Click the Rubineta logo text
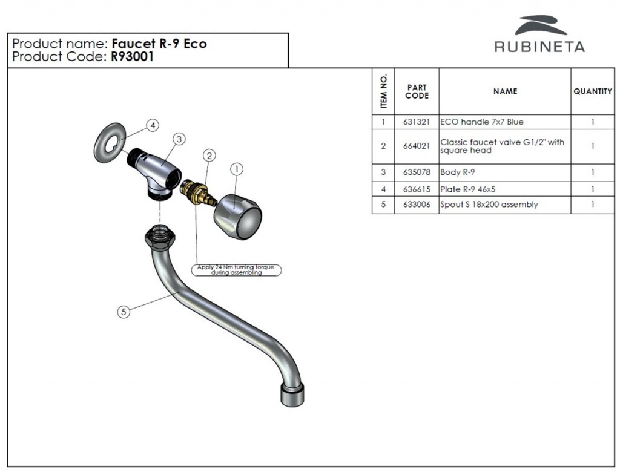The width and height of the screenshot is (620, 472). point(539,47)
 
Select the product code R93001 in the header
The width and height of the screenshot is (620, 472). point(132,57)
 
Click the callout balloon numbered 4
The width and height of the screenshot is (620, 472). point(153,125)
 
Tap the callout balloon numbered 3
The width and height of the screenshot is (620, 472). point(179,139)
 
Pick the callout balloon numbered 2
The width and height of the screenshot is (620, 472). point(209,156)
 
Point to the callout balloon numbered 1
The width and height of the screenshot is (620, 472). point(236,169)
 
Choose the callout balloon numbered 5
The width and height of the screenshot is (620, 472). point(124,312)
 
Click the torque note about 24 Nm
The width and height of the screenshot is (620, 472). point(237,270)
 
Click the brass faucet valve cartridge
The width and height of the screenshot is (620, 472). point(198,192)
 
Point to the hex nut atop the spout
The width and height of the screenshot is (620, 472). point(160,237)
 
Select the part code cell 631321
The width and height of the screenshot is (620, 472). point(417,122)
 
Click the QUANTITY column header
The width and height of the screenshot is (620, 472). point(592,91)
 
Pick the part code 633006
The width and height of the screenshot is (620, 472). point(417,205)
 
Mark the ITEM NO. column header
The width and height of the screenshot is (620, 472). point(383,91)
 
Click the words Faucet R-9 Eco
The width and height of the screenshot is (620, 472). point(159,44)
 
